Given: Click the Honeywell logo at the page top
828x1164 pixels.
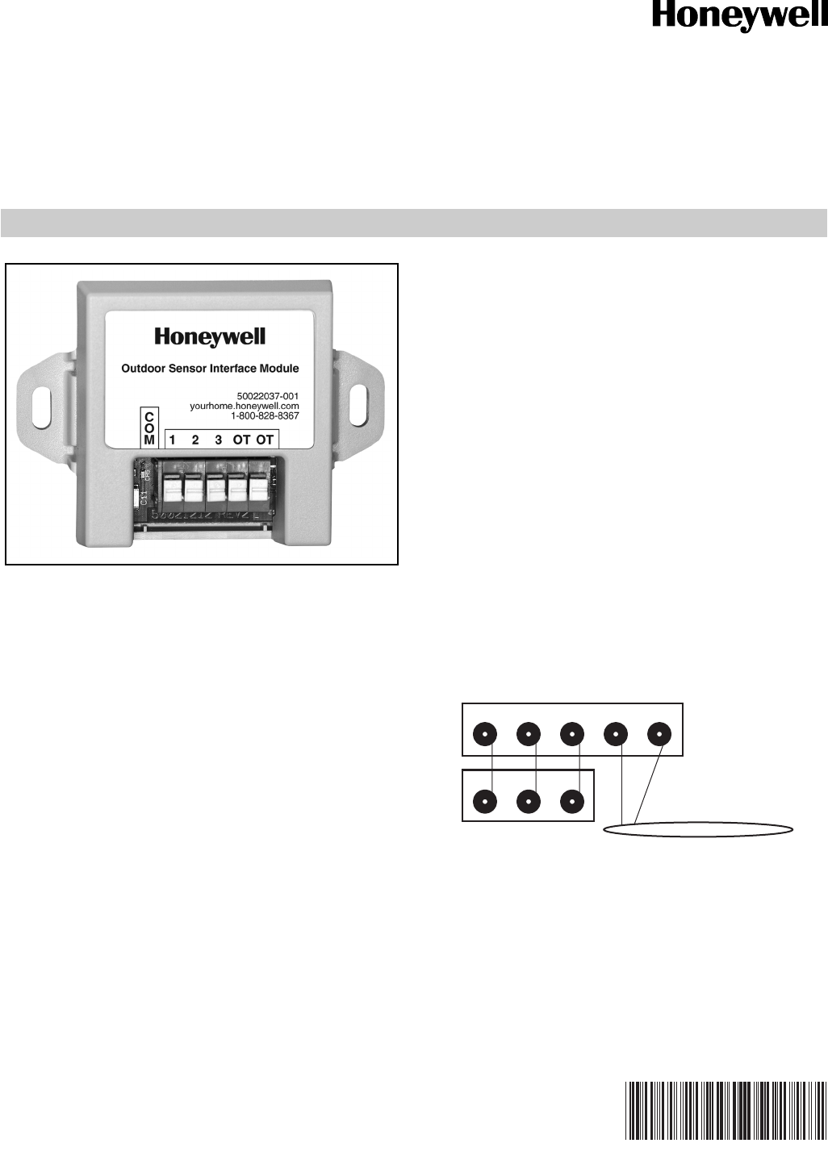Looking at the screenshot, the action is pyautogui.click(x=739, y=17).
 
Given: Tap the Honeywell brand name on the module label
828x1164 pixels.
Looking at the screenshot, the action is pyautogui.click(x=210, y=336).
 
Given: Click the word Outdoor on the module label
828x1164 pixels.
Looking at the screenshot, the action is pyautogui.click(x=144, y=369).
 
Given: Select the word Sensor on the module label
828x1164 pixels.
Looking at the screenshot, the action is pyautogui.click(x=187, y=369).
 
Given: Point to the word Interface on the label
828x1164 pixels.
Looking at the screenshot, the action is pyautogui.click(x=233, y=369).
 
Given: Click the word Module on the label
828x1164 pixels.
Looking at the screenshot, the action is pyautogui.click(x=278, y=369).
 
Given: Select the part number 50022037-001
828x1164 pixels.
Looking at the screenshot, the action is pyautogui.click(x=268, y=396).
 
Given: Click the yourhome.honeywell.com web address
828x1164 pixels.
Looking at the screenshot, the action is pyautogui.click(x=245, y=407).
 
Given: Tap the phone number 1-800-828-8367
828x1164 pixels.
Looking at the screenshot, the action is pyautogui.click(x=265, y=416).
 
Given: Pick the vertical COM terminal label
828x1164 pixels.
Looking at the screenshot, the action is pyautogui.click(x=149, y=428).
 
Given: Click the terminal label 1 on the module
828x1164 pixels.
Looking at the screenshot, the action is pyautogui.click(x=172, y=440).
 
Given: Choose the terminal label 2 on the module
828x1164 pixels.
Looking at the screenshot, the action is pyautogui.click(x=195, y=440).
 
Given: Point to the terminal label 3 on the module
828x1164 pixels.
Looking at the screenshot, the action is pyautogui.click(x=218, y=440).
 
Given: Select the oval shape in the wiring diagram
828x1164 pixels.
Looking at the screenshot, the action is pyautogui.click(x=699, y=828).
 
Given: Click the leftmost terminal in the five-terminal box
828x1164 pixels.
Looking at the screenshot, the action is pyautogui.click(x=485, y=735).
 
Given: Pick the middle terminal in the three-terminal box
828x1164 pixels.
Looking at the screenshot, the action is pyautogui.click(x=529, y=803).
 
